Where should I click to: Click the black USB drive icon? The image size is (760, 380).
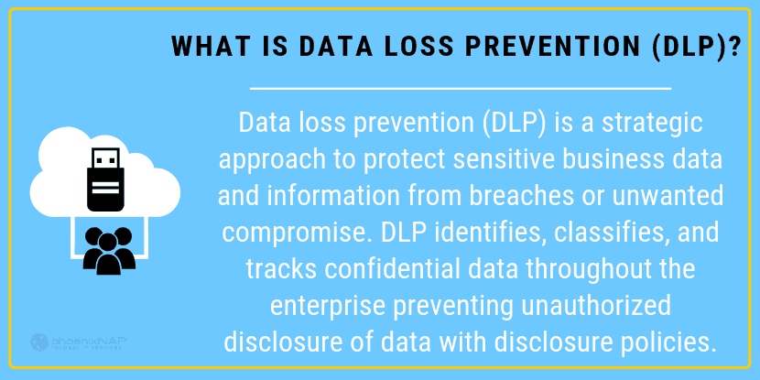pyautogui.click(x=105, y=179)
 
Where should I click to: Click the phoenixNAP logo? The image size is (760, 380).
pyautogui.click(x=79, y=342)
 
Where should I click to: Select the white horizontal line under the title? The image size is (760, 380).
pyautogui.click(x=461, y=89)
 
